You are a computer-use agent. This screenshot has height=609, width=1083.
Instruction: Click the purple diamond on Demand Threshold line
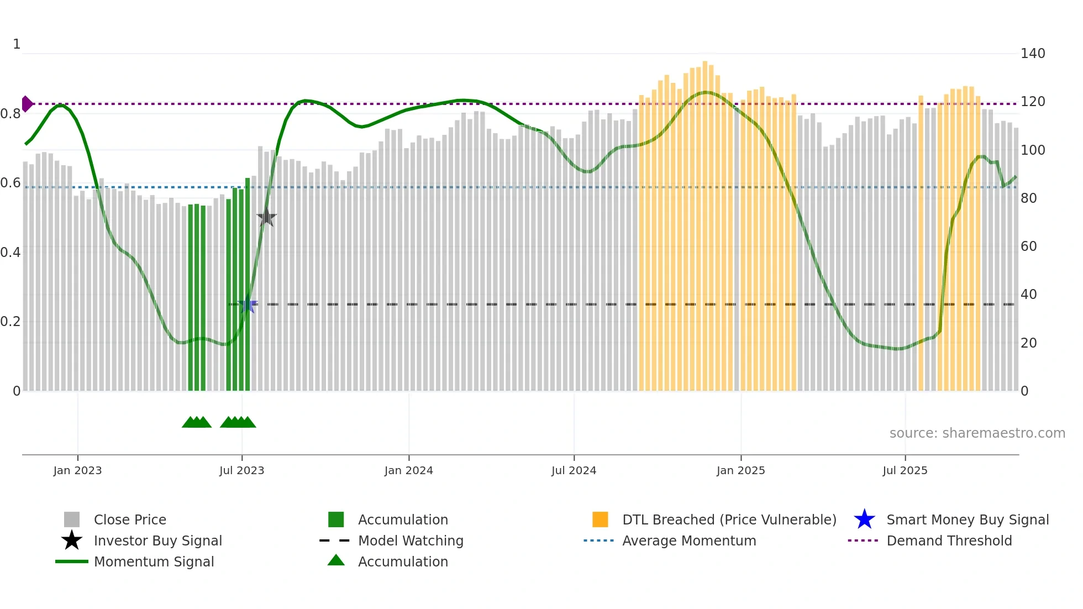27,104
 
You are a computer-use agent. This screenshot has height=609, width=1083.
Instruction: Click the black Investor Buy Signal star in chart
266,218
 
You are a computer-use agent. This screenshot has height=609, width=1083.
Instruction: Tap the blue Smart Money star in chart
247,305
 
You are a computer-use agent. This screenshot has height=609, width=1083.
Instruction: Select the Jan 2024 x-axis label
408,470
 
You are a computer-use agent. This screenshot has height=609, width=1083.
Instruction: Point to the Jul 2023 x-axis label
241,470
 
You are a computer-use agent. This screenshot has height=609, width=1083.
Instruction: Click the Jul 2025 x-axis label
905,470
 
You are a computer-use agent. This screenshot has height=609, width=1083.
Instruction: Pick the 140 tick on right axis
1032,54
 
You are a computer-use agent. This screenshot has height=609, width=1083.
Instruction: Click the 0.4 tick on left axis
10,253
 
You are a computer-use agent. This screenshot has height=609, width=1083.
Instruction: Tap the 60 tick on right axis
1028,246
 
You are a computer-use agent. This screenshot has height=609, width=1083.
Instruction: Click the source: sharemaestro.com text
977,433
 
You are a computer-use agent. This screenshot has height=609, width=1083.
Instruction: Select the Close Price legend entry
130,519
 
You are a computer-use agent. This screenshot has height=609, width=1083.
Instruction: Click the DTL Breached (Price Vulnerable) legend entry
729,519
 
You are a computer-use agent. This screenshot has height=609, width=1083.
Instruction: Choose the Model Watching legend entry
410,540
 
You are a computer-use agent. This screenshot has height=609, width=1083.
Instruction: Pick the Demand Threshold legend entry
949,540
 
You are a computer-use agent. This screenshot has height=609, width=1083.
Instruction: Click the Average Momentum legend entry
688,540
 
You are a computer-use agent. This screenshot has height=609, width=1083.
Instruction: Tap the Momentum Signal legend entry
154,561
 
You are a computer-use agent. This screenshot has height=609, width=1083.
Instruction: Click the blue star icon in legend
864,519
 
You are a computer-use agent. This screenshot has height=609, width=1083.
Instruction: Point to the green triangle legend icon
336,560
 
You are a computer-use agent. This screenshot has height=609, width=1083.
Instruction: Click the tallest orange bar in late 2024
705,221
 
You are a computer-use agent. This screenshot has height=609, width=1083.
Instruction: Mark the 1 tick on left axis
17,44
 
